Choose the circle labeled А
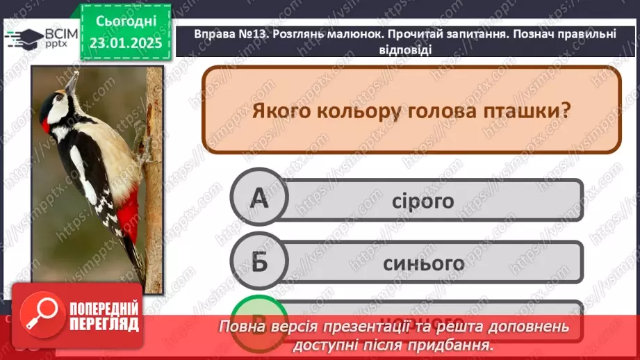tap(259, 200)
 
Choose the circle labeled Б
tap(259, 263)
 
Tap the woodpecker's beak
tap(71, 82)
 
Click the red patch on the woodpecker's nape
tap(46, 126)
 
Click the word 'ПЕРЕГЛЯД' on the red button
tap(104, 323)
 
